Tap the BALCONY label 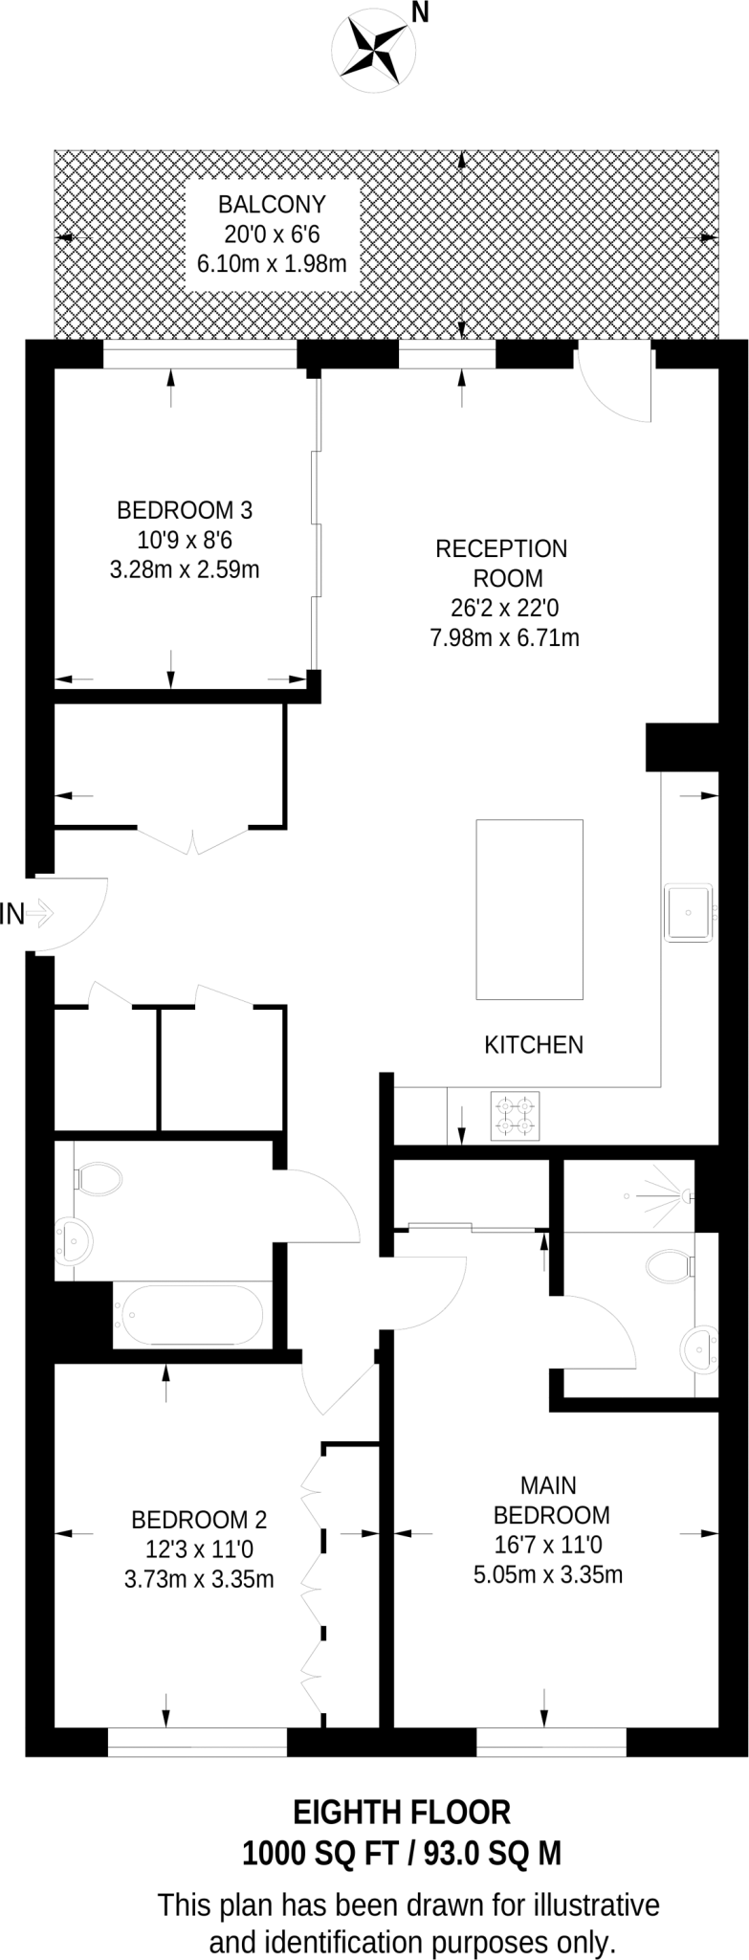[272, 204]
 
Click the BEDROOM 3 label [185, 509]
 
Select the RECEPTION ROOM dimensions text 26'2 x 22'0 [502, 608]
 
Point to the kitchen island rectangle [530, 909]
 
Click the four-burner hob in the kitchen [515, 1116]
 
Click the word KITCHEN [534, 1044]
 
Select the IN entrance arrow [39, 915]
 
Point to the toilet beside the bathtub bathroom [98, 1179]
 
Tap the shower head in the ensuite [685, 1195]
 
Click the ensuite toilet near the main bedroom [670, 1267]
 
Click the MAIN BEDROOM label [550, 1500]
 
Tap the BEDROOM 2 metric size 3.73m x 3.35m [199, 1579]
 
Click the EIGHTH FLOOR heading [401, 1812]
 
